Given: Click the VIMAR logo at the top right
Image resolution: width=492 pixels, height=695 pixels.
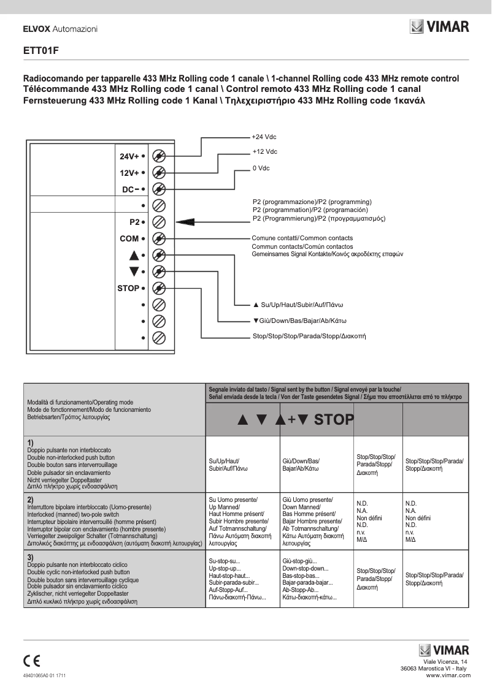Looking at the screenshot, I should pos(439,27).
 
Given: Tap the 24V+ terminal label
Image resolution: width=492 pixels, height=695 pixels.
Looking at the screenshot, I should pos(129,156).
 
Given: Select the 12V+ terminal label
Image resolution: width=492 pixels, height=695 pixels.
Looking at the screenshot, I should pos(129,173).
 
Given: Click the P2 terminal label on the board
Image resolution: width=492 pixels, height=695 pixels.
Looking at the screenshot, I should pos(134,222).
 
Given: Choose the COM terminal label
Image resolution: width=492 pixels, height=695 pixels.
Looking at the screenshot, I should pos(129,238).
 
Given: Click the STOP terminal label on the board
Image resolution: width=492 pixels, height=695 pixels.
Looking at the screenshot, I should pos(128,288).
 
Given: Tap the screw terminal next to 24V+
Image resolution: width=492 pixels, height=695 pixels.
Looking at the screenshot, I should pos(158,156).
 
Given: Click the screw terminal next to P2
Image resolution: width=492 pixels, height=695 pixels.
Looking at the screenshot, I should pos(158,222).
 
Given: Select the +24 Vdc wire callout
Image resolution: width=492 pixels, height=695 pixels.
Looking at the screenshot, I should pos(264,137).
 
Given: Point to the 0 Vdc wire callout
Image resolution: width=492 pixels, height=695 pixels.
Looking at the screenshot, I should pos(261,168).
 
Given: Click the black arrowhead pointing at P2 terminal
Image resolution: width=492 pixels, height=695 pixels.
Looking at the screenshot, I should pos(185,222).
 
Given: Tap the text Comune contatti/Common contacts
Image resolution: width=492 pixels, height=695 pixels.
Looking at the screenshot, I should pos(302,238).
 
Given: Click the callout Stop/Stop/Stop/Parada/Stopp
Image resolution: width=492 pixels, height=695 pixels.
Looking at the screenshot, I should pos(309,336).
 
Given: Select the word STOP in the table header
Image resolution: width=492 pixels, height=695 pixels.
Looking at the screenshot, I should pos(334,420).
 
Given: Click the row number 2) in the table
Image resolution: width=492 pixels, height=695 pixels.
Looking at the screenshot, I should pos(30,499).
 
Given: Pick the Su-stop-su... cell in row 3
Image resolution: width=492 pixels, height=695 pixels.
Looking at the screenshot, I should pos(225,561).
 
